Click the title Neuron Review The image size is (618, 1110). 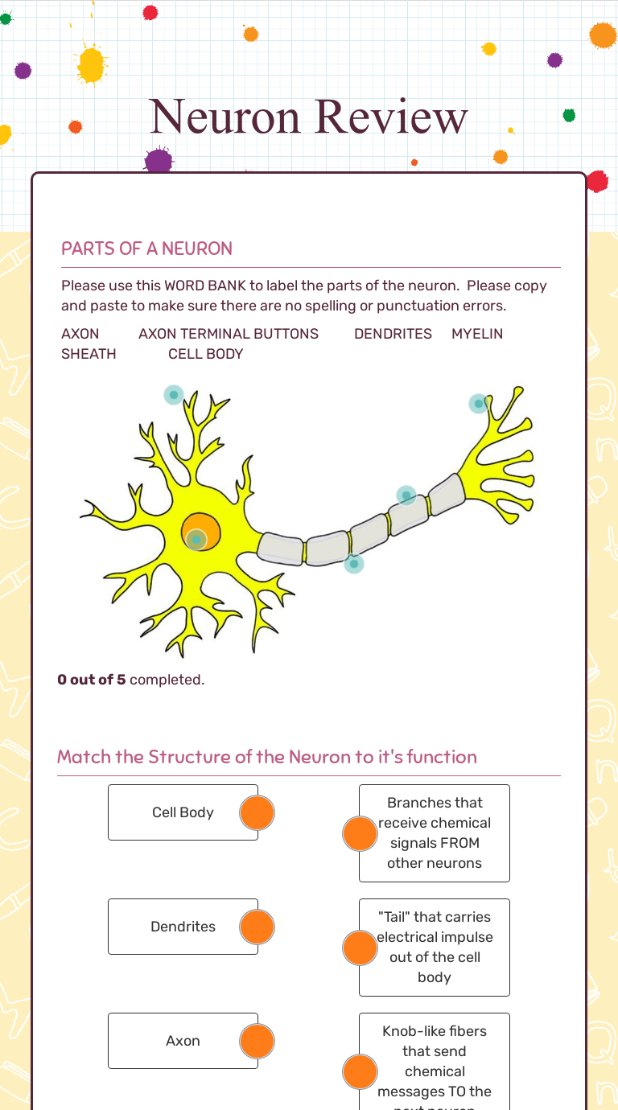(308, 117)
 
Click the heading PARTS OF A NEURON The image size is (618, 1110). (146, 249)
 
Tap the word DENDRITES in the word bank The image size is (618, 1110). (393, 334)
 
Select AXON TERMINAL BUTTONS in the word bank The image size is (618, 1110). (229, 334)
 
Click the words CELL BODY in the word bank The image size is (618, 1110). (205, 354)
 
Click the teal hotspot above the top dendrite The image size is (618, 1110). (174, 395)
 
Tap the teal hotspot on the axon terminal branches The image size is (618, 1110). (479, 403)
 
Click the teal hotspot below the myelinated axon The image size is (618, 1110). (354, 563)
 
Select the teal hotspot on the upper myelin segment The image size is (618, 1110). (406, 495)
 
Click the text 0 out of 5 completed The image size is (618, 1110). (131, 680)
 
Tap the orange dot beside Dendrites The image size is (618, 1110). (257, 927)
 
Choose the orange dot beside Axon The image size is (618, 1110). (257, 1042)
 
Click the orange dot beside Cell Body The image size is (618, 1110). (257, 813)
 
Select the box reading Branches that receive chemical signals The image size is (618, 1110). (435, 832)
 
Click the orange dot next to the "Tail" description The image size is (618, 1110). (360, 948)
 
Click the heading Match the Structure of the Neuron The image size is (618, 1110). (267, 757)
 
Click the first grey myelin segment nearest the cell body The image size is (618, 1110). (281, 548)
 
